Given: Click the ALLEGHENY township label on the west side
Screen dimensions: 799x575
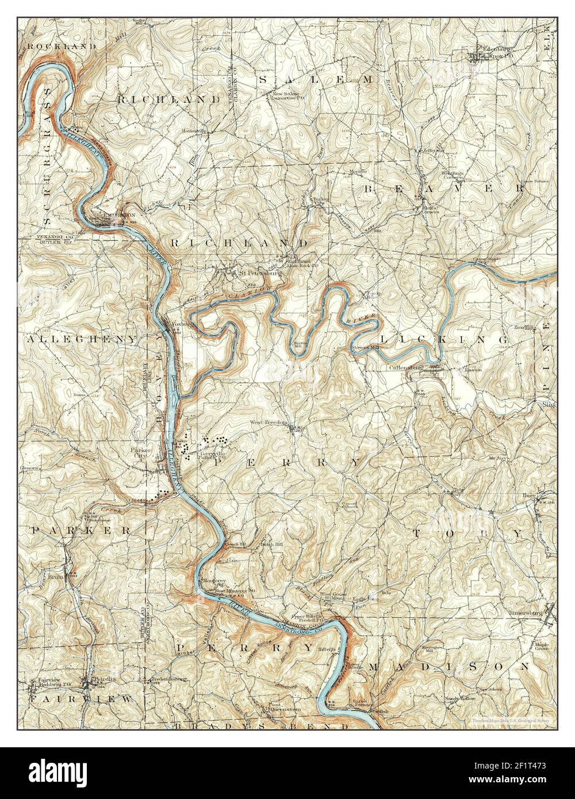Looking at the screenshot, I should (82, 339).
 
